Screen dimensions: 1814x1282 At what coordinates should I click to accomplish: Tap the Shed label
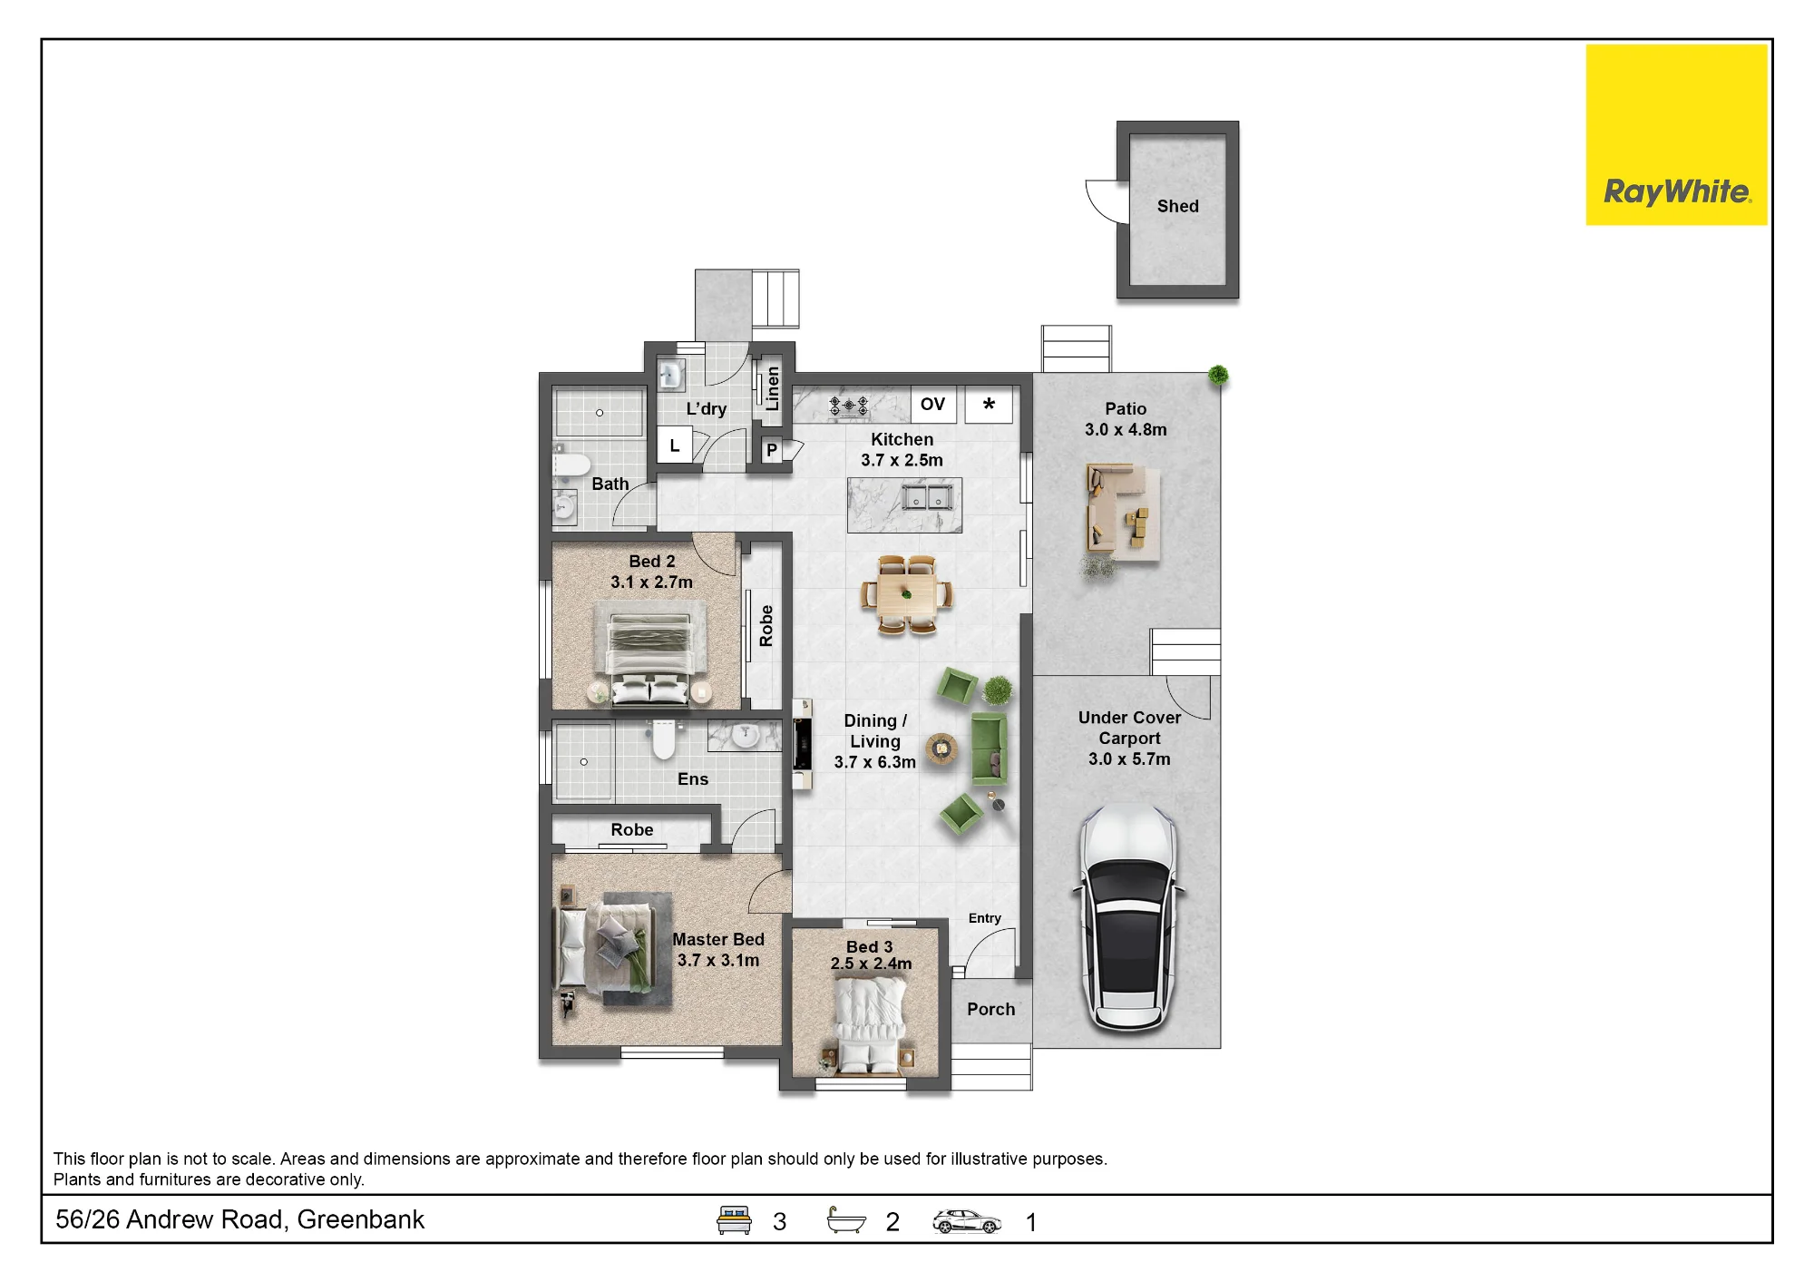1177,206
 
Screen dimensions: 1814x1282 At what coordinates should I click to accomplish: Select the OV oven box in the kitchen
932,405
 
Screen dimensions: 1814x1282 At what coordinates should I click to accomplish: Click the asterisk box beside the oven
989,405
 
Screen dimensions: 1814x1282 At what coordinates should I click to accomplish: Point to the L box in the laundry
675,445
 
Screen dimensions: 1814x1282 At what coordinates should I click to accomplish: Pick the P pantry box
772,450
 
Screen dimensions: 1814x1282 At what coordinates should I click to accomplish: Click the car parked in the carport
1128,917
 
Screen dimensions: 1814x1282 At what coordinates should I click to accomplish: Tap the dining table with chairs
906,594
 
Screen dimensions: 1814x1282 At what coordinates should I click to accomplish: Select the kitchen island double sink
926,496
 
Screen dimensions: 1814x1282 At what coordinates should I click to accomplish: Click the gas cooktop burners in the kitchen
848,406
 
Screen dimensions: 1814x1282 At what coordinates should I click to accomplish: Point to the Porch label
990,1009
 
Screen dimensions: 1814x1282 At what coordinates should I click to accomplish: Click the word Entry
984,918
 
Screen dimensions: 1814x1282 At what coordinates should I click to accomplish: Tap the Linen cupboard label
772,388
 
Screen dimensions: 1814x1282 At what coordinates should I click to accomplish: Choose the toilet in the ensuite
664,739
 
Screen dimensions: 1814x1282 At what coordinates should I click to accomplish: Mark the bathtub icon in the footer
846,1220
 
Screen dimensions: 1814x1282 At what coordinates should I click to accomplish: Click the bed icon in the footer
734,1220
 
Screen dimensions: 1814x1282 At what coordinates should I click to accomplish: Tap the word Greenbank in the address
360,1219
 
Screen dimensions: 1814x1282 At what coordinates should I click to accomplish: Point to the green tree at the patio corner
1218,375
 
